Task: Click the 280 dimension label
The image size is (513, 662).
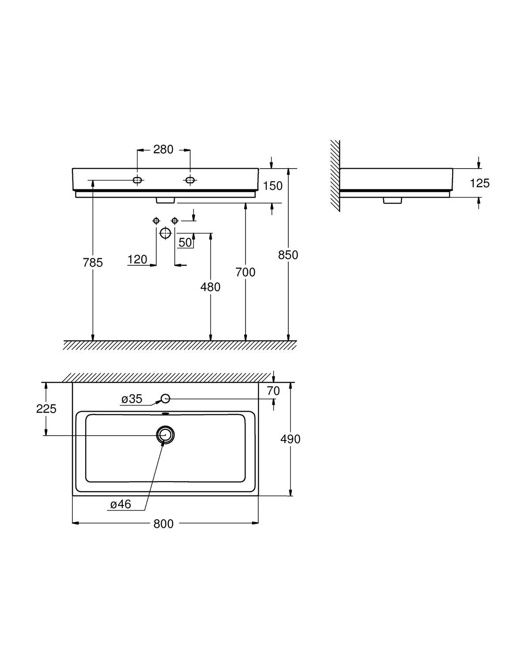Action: pyautogui.click(x=163, y=150)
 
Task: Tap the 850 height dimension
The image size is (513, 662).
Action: pyautogui.click(x=288, y=255)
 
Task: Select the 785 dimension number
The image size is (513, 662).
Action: pyautogui.click(x=93, y=262)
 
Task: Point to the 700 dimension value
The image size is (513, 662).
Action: pyautogui.click(x=245, y=272)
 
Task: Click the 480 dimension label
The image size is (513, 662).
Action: pyautogui.click(x=211, y=287)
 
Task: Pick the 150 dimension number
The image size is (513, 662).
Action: pyautogui.click(x=273, y=186)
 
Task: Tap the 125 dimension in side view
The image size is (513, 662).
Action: pyautogui.click(x=480, y=183)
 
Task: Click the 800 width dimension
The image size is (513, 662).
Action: pyautogui.click(x=163, y=524)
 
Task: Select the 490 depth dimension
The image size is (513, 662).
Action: pyautogui.click(x=290, y=439)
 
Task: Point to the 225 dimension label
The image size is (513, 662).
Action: pyautogui.click(x=46, y=409)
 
